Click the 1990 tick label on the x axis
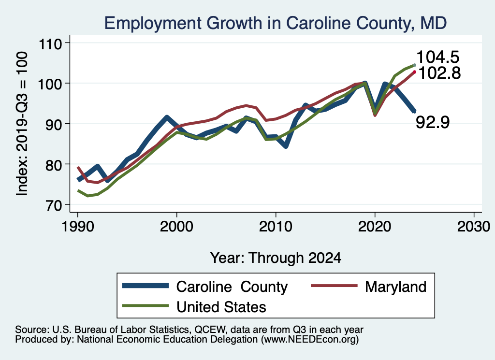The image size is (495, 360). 77,228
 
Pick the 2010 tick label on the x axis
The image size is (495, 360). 276,228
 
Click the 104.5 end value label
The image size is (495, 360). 437,57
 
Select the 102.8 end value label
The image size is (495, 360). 439,73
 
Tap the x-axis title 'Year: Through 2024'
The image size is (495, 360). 276,258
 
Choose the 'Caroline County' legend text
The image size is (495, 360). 232,287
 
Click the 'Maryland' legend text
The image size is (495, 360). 395,287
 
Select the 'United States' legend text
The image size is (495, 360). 221,306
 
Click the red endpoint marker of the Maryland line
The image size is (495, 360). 414,72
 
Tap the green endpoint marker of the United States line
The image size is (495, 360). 414,65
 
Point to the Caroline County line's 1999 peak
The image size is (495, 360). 167,117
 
